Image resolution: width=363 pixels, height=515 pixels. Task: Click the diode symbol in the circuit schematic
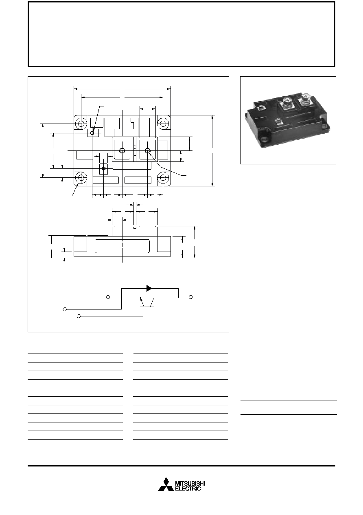click(149, 288)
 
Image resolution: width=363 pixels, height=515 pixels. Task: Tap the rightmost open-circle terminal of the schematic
click(190, 297)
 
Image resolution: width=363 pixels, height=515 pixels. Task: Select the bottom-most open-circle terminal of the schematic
click(79, 316)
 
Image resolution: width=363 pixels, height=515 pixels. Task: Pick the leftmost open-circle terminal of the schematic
click(65, 309)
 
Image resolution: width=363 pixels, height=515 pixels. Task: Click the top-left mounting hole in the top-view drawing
click(81, 124)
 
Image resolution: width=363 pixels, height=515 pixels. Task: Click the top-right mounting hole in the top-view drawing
click(163, 124)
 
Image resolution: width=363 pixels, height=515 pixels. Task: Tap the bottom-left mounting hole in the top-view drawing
click(81, 177)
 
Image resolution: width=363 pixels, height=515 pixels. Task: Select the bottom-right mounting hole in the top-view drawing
click(163, 177)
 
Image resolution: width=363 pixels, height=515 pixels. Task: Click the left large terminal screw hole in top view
click(122, 150)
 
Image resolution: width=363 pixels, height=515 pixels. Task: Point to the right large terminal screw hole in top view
click(148, 150)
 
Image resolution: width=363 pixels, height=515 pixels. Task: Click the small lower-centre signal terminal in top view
click(103, 168)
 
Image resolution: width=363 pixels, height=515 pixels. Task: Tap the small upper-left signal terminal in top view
click(92, 133)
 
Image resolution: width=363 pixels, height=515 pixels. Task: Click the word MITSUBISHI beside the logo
click(190, 482)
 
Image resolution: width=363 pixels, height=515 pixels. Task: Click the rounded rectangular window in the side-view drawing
click(122, 246)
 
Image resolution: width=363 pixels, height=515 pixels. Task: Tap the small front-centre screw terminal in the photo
click(279, 121)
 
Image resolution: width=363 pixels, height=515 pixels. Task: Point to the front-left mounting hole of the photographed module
click(266, 139)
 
